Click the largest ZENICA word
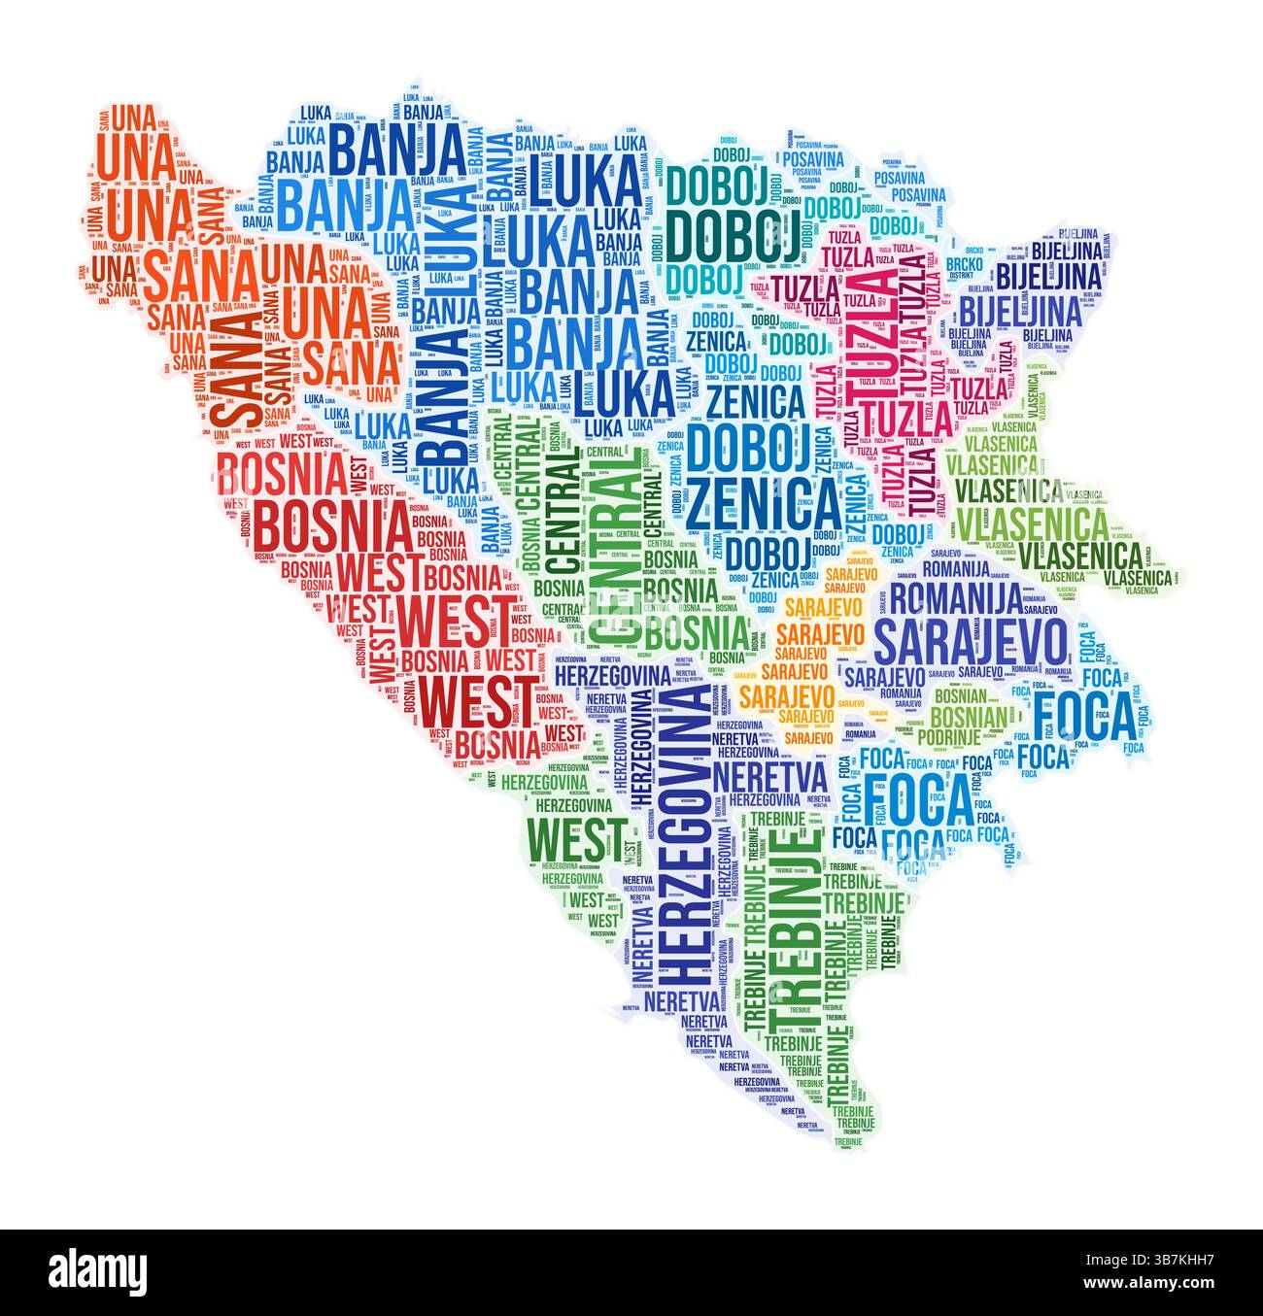click(764, 500)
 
